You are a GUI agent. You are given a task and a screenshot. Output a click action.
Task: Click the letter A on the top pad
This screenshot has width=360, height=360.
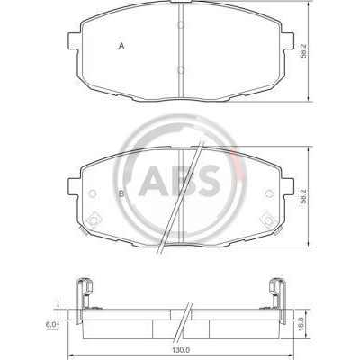pos(121,46)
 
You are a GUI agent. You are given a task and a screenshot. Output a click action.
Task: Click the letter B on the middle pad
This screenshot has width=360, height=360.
pos(121,194)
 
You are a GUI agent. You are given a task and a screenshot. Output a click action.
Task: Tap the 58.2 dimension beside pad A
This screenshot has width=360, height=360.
pos(303,51)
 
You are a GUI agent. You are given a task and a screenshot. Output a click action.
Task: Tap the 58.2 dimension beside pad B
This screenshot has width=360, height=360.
pos(303,196)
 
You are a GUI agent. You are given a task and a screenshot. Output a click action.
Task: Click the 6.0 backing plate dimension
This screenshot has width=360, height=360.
pos(50,324)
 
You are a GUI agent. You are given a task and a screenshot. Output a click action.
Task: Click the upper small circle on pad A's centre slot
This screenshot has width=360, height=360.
pos(181,24)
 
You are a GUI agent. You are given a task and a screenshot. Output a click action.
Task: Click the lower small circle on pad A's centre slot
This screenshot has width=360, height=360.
pos(181,69)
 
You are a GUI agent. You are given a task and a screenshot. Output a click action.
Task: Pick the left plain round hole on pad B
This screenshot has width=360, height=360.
pos(93,193)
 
